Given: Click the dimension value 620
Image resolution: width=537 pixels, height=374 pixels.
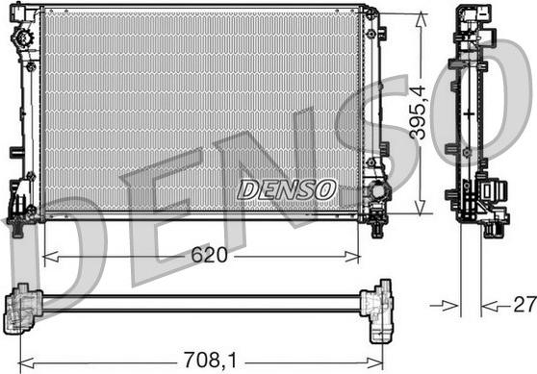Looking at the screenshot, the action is click(209, 255).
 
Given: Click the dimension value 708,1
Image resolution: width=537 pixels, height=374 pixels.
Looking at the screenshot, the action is click(210, 360).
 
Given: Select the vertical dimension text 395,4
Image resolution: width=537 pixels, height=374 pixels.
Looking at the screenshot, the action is click(419, 112).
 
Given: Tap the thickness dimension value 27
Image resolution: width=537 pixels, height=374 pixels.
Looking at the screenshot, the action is click(524, 304).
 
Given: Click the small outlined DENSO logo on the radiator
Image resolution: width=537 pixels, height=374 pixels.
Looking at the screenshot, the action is click(286, 189).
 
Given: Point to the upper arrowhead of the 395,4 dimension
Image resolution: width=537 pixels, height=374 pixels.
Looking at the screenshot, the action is click(421, 20).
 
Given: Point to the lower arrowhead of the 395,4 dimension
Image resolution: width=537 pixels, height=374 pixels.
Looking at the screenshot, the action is click(421, 208).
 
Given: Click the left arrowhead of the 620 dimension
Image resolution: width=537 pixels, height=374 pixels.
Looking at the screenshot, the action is click(51, 257).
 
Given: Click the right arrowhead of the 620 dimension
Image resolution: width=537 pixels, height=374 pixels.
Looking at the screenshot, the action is click(352, 257).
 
